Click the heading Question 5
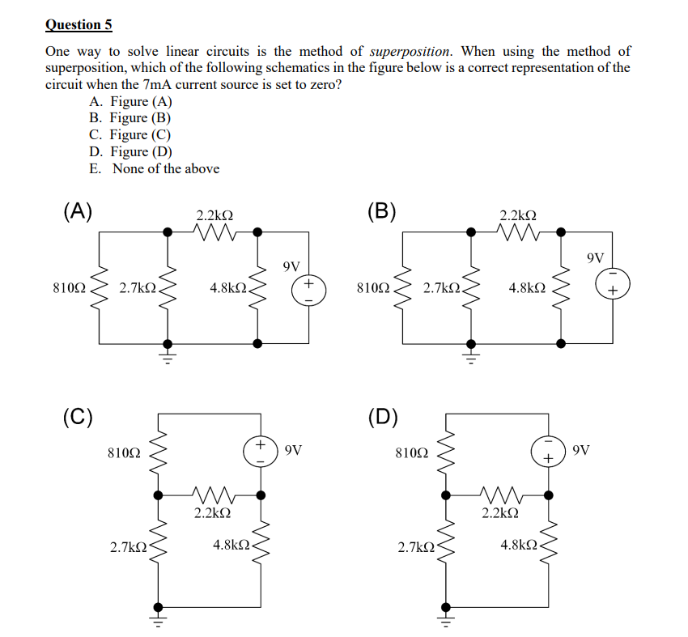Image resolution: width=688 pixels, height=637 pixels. click(79, 24)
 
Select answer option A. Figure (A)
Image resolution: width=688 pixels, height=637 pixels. click(130, 101)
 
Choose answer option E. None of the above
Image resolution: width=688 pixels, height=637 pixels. click(154, 168)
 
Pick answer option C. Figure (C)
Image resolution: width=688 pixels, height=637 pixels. click(130, 134)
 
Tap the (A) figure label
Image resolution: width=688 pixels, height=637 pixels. click(78, 212)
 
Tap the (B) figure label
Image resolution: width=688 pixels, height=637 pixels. click(381, 212)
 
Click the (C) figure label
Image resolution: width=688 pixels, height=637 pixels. click(78, 417)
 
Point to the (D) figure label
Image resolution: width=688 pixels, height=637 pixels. click(381, 417)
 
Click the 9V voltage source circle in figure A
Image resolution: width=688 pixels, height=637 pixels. click(308, 288)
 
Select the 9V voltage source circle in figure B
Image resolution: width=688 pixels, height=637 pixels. click(612, 283)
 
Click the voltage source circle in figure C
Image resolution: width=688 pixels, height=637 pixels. click(261, 451)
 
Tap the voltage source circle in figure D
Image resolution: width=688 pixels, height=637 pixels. click(548, 451)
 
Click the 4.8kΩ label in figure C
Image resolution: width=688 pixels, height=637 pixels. click(231, 546)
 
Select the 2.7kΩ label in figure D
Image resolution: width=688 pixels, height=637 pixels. click(415, 548)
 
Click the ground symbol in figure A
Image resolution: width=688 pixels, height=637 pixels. click(168, 356)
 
